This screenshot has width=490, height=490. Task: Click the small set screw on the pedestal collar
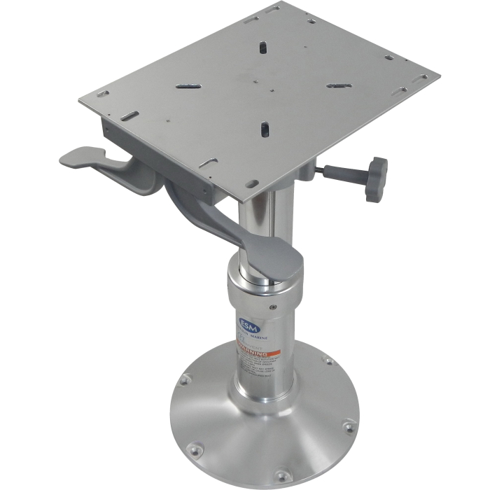274,305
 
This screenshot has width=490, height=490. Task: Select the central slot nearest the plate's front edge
265,129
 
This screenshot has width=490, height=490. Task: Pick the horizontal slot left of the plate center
188,85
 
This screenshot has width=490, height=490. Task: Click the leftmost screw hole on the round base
185,379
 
